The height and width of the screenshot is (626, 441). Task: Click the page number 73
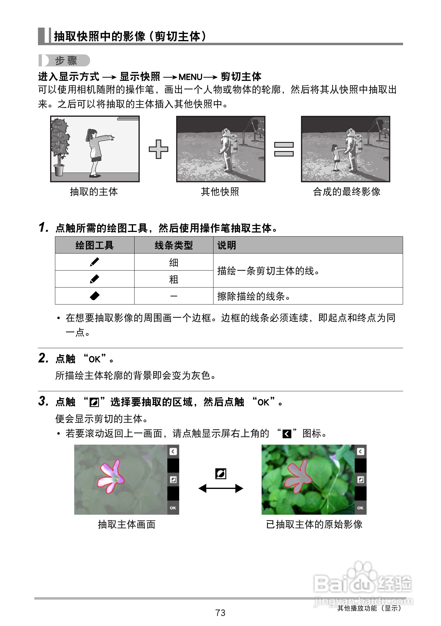[x=220, y=613]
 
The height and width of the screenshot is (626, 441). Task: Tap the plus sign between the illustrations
[x=159, y=149]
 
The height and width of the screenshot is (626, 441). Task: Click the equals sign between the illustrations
[x=284, y=149]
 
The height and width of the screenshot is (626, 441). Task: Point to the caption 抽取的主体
[x=94, y=192]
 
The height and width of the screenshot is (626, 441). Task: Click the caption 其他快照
[x=220, y=192]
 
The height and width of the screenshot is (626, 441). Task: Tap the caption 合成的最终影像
[x=347, y=192]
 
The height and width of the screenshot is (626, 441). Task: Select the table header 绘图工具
[x=94, y=245]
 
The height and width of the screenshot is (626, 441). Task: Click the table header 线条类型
[x=174, y=245]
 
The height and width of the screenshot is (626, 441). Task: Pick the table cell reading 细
[x=174, y=262]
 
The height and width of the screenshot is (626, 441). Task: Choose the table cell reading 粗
[x=174, y=279]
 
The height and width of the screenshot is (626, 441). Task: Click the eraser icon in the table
[x=95, y=296]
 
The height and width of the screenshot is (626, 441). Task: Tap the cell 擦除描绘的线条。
[x=254, y=296]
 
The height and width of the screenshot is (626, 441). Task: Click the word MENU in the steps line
[x=190, y=77]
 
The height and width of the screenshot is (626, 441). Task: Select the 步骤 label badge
[x=65, y=61]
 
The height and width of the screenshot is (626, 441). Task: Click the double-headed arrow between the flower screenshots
[x=221, y=488]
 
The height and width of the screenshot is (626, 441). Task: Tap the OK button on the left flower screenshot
[x=173, y=508]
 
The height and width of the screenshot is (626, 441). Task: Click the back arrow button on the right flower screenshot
[x=361, y=452]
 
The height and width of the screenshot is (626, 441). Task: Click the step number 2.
[x=43, y=358]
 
